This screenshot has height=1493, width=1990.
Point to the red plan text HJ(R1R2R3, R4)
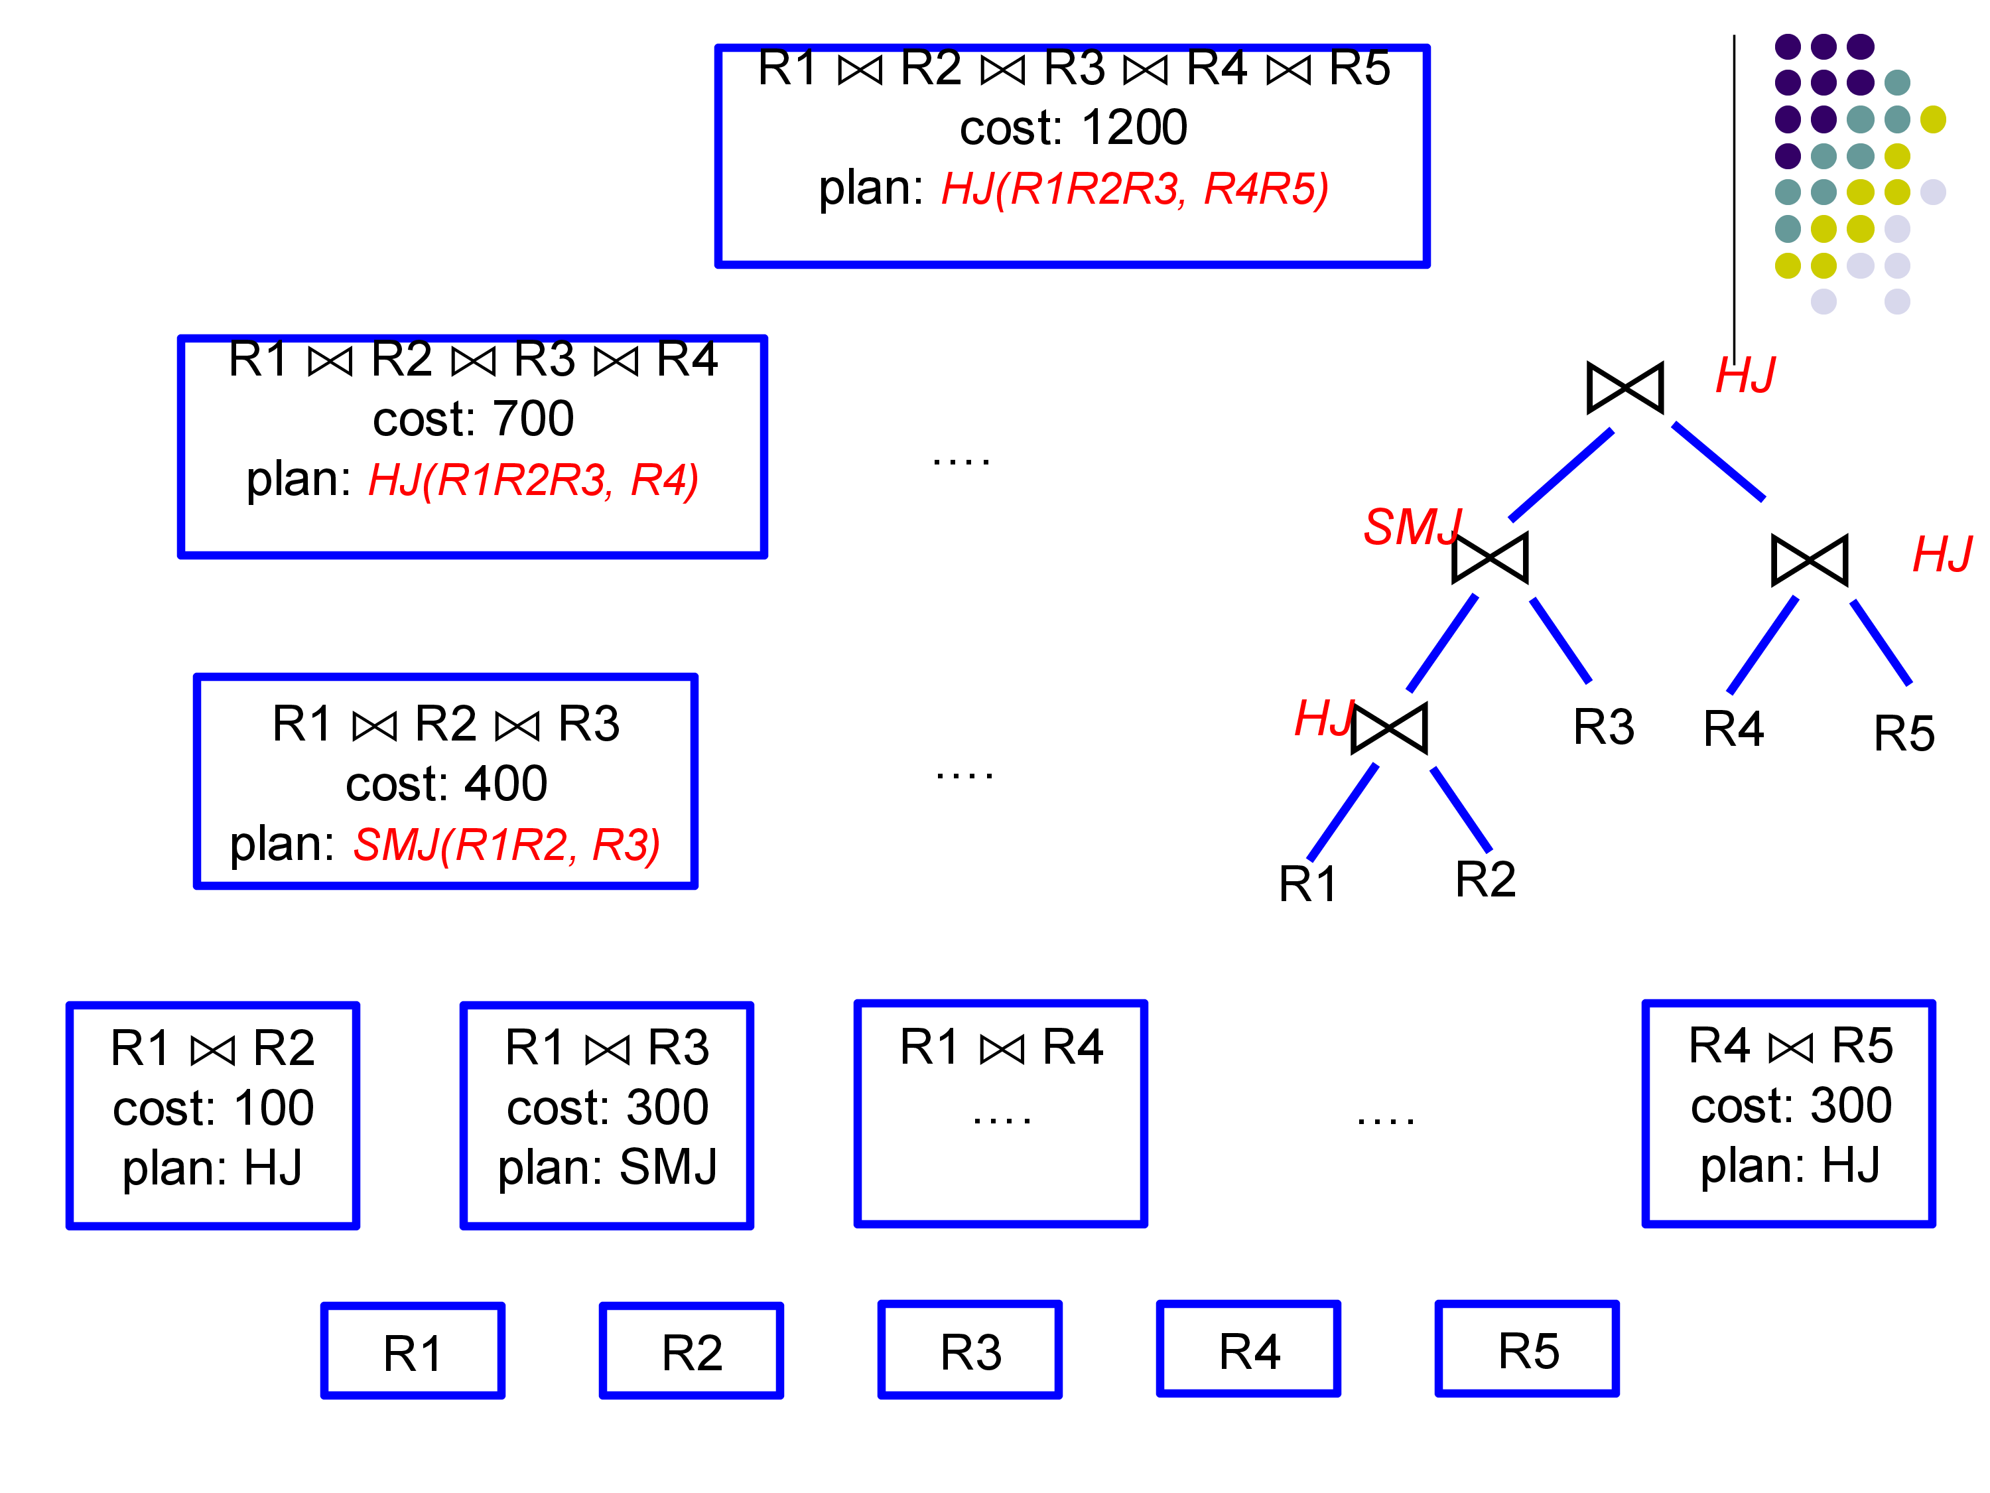click(x=533, y=480)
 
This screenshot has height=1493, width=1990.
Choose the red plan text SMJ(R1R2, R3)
click(x=507, y=844)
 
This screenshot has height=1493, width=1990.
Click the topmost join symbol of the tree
click(x=1625, y=388)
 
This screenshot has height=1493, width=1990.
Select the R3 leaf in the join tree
click(x=1603, y=727)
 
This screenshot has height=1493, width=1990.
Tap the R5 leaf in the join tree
click(x=1904, y=733)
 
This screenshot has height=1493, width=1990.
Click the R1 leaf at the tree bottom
click(x=1307, y=884)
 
